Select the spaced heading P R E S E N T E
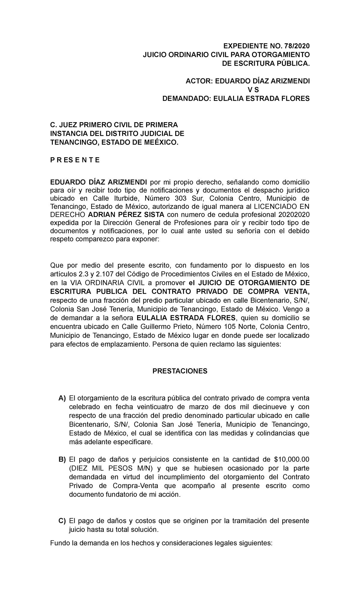(75, 160)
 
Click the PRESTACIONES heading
(180, 371)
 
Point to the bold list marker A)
(62, 399)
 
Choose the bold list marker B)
(62, 460)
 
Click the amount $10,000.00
(292, 460)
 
